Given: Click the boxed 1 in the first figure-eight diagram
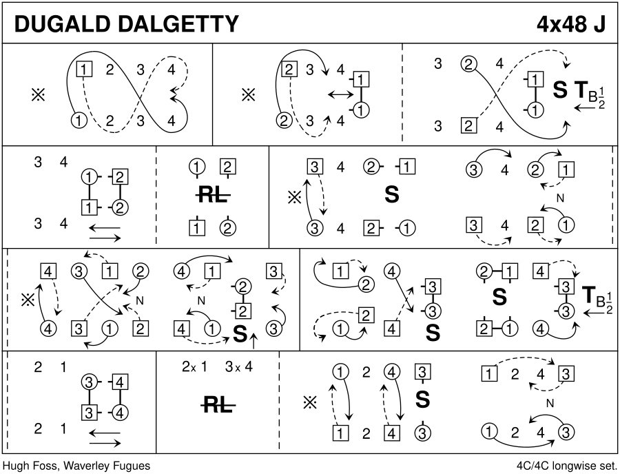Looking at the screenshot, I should point(83,69).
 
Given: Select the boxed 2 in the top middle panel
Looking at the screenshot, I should point(289,69).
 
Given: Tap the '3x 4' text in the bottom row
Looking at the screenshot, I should point(240,366).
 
